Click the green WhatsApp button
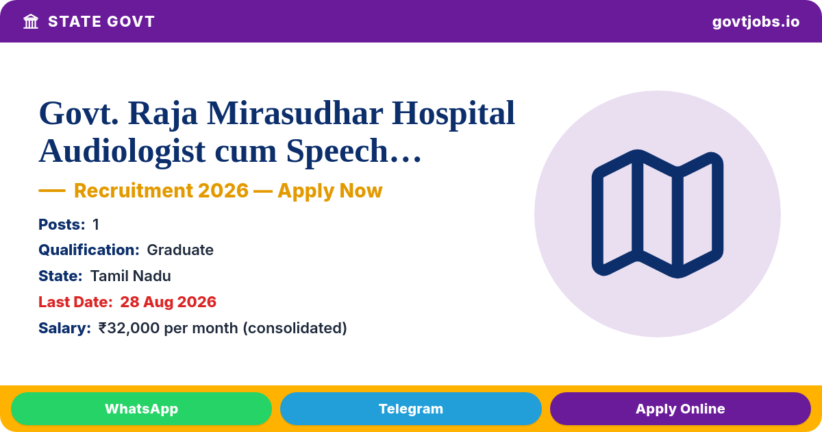[x=141, y=409]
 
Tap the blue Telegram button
[x=410, y=409]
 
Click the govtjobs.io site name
[x=756, y=22]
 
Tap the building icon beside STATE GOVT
[x=31, y=22]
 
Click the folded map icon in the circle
[x=657, y=214]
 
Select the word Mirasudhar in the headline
[x=295, y=114]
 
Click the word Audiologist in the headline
[x=122, y=152]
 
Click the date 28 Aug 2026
[x=168, y=302]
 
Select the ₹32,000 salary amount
[x=129, y=328]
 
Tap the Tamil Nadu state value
[x=131, y=276]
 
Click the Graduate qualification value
[x=180, y=250]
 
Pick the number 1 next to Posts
[x=96, y=224]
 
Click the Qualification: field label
[x=89, y=250]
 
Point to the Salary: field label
[x=64, y=328]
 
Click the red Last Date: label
[x=75, y=302]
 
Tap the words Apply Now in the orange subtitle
[x=330, y=191]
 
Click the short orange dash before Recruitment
[x=52, y=191]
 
